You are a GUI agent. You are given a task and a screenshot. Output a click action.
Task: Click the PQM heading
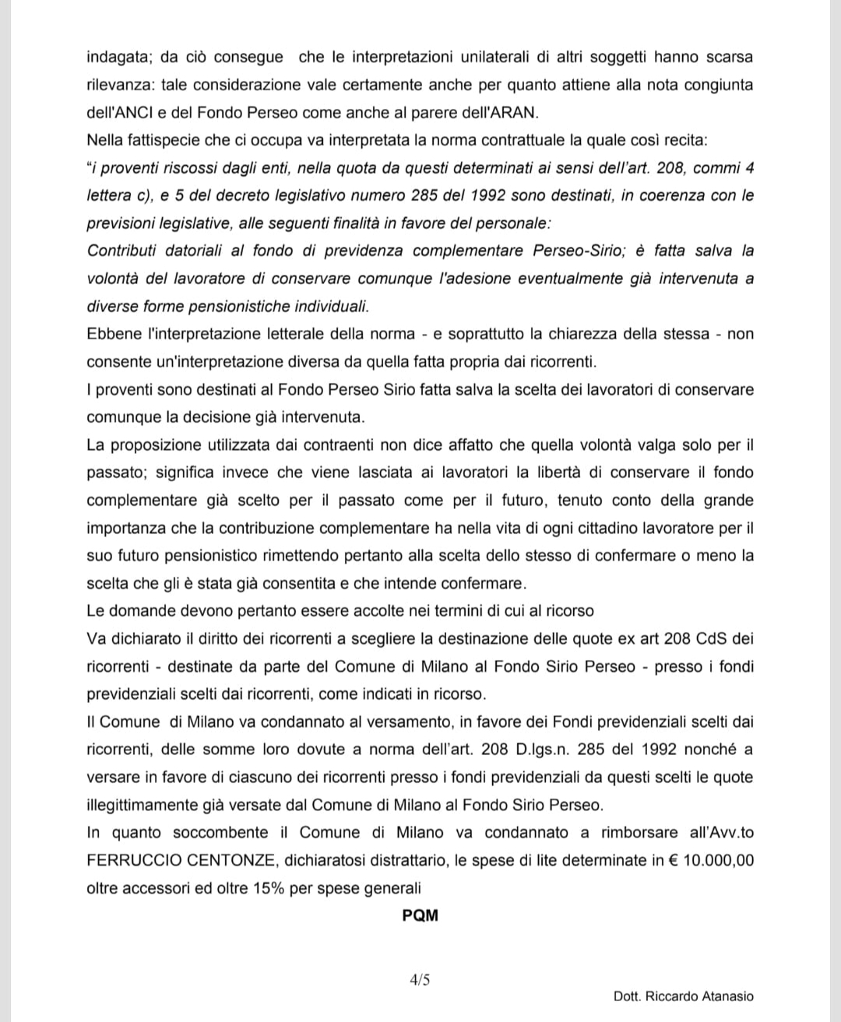coord(420,915)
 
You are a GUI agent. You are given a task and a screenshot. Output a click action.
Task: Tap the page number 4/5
coord(420,980)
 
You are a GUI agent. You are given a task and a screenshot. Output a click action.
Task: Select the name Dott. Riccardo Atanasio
coord(683,996)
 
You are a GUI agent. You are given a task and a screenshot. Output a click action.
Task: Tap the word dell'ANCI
coord(118,112)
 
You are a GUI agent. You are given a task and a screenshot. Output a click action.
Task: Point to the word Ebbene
coord(114,334)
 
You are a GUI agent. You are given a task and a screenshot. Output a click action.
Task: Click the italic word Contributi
coord(120,251)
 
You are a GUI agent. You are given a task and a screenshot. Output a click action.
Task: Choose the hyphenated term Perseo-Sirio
coord(576,251)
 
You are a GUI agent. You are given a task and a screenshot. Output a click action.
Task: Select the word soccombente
coord(220,832)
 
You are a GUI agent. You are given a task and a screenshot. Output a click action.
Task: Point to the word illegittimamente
coord(140,805)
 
